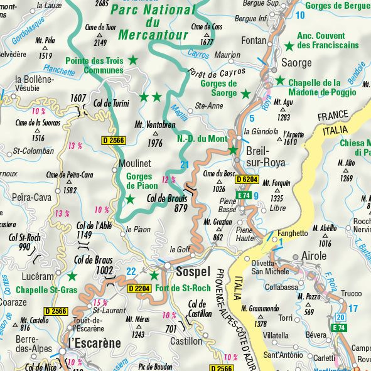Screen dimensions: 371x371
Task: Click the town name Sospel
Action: (x=193, y=271)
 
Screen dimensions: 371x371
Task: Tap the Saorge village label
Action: (x=296, y=63)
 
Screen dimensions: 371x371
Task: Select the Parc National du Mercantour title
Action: (x=153, y=21)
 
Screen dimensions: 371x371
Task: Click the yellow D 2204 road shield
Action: (x=139, y=289)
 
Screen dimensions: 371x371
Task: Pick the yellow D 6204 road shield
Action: (x=247, y=180)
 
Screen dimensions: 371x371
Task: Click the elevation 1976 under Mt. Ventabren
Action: (x=154, y=143)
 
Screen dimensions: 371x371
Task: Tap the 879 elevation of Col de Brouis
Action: (x=181, y=208)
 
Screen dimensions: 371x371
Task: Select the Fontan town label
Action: (x=254, y=40)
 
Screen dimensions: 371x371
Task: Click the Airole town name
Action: (x=314, y=256)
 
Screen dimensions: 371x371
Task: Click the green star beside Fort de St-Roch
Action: (x=154, y=275)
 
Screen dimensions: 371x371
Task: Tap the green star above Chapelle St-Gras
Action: (x=72, y=276)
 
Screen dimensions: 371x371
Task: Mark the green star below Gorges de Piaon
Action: (x=130, y=200)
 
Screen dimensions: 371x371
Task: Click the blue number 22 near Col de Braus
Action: (x=131, y=271)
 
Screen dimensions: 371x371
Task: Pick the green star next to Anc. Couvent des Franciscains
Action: (x=289, y=46)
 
